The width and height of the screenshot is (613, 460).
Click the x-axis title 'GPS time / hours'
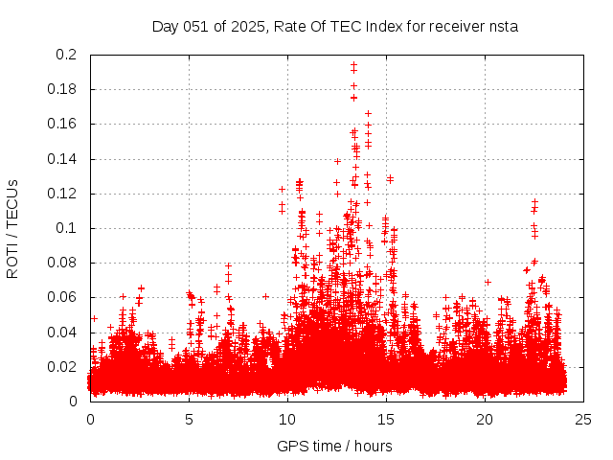[334, 446]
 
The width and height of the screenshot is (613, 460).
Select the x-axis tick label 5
[189, 419]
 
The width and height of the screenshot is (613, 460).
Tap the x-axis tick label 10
[287, 419]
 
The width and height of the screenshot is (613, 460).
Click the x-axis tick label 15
[386, 419]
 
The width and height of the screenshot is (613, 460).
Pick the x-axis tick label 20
[485, 419]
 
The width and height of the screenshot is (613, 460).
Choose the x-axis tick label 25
[583, 419]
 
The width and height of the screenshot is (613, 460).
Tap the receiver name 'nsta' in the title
[502, 26]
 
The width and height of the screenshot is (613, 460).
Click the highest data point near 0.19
[353, 64]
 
